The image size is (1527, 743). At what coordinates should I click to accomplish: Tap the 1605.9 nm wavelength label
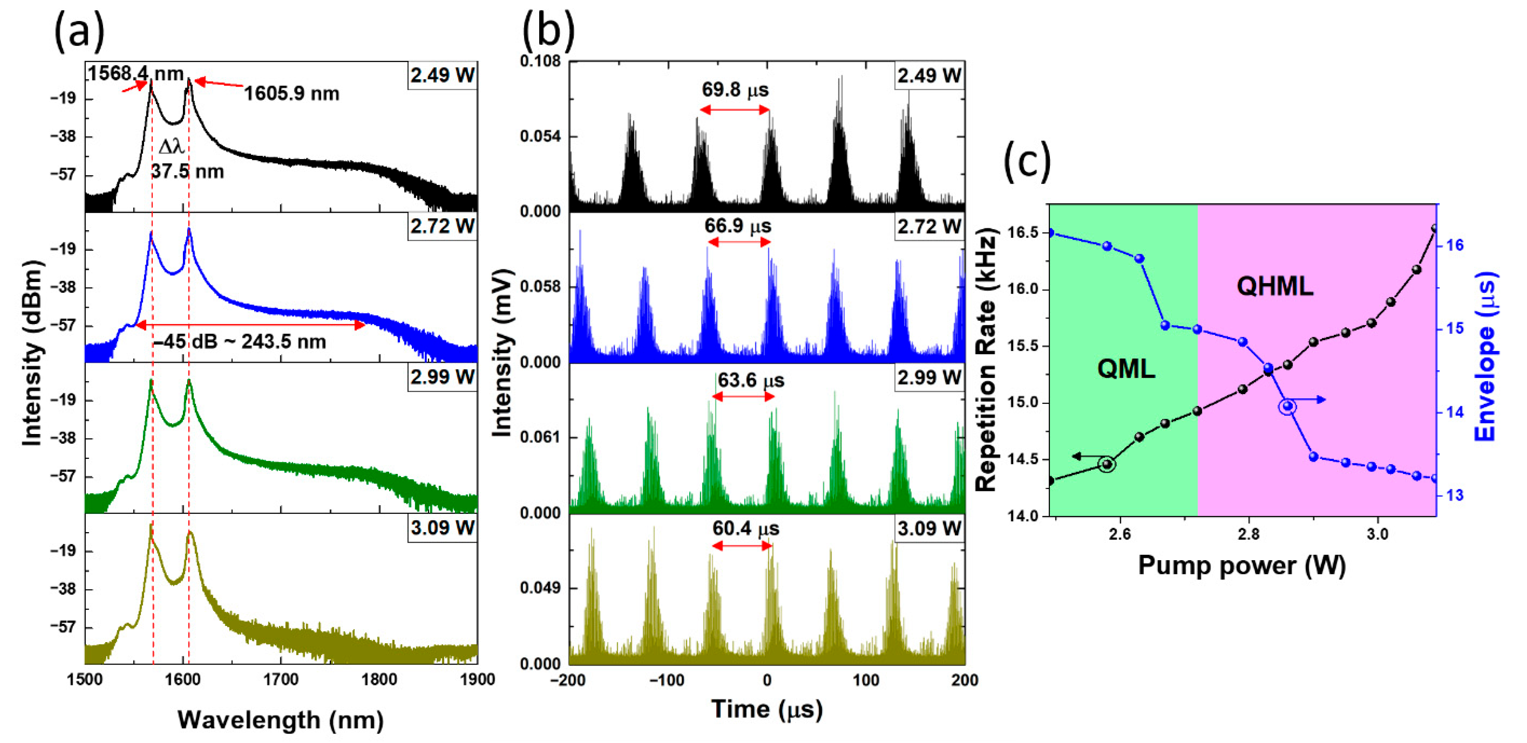point(292,94)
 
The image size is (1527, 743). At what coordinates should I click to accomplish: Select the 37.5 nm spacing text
point(187,172)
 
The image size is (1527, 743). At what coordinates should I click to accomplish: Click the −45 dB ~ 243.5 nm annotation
point(240,342)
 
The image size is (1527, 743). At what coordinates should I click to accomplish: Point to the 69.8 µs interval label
point(735,90)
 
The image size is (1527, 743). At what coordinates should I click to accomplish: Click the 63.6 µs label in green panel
point(751,380)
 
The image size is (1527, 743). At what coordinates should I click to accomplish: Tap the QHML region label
point(1274,287)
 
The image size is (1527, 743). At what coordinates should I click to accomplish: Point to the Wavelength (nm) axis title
point(280,720)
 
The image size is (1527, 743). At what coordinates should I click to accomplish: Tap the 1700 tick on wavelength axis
point(280,680)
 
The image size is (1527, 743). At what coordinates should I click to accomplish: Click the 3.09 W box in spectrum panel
point(442,528)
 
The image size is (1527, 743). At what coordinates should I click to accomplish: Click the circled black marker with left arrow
point(1107,464)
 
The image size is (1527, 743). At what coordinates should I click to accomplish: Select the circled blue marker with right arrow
point(1287,406)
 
